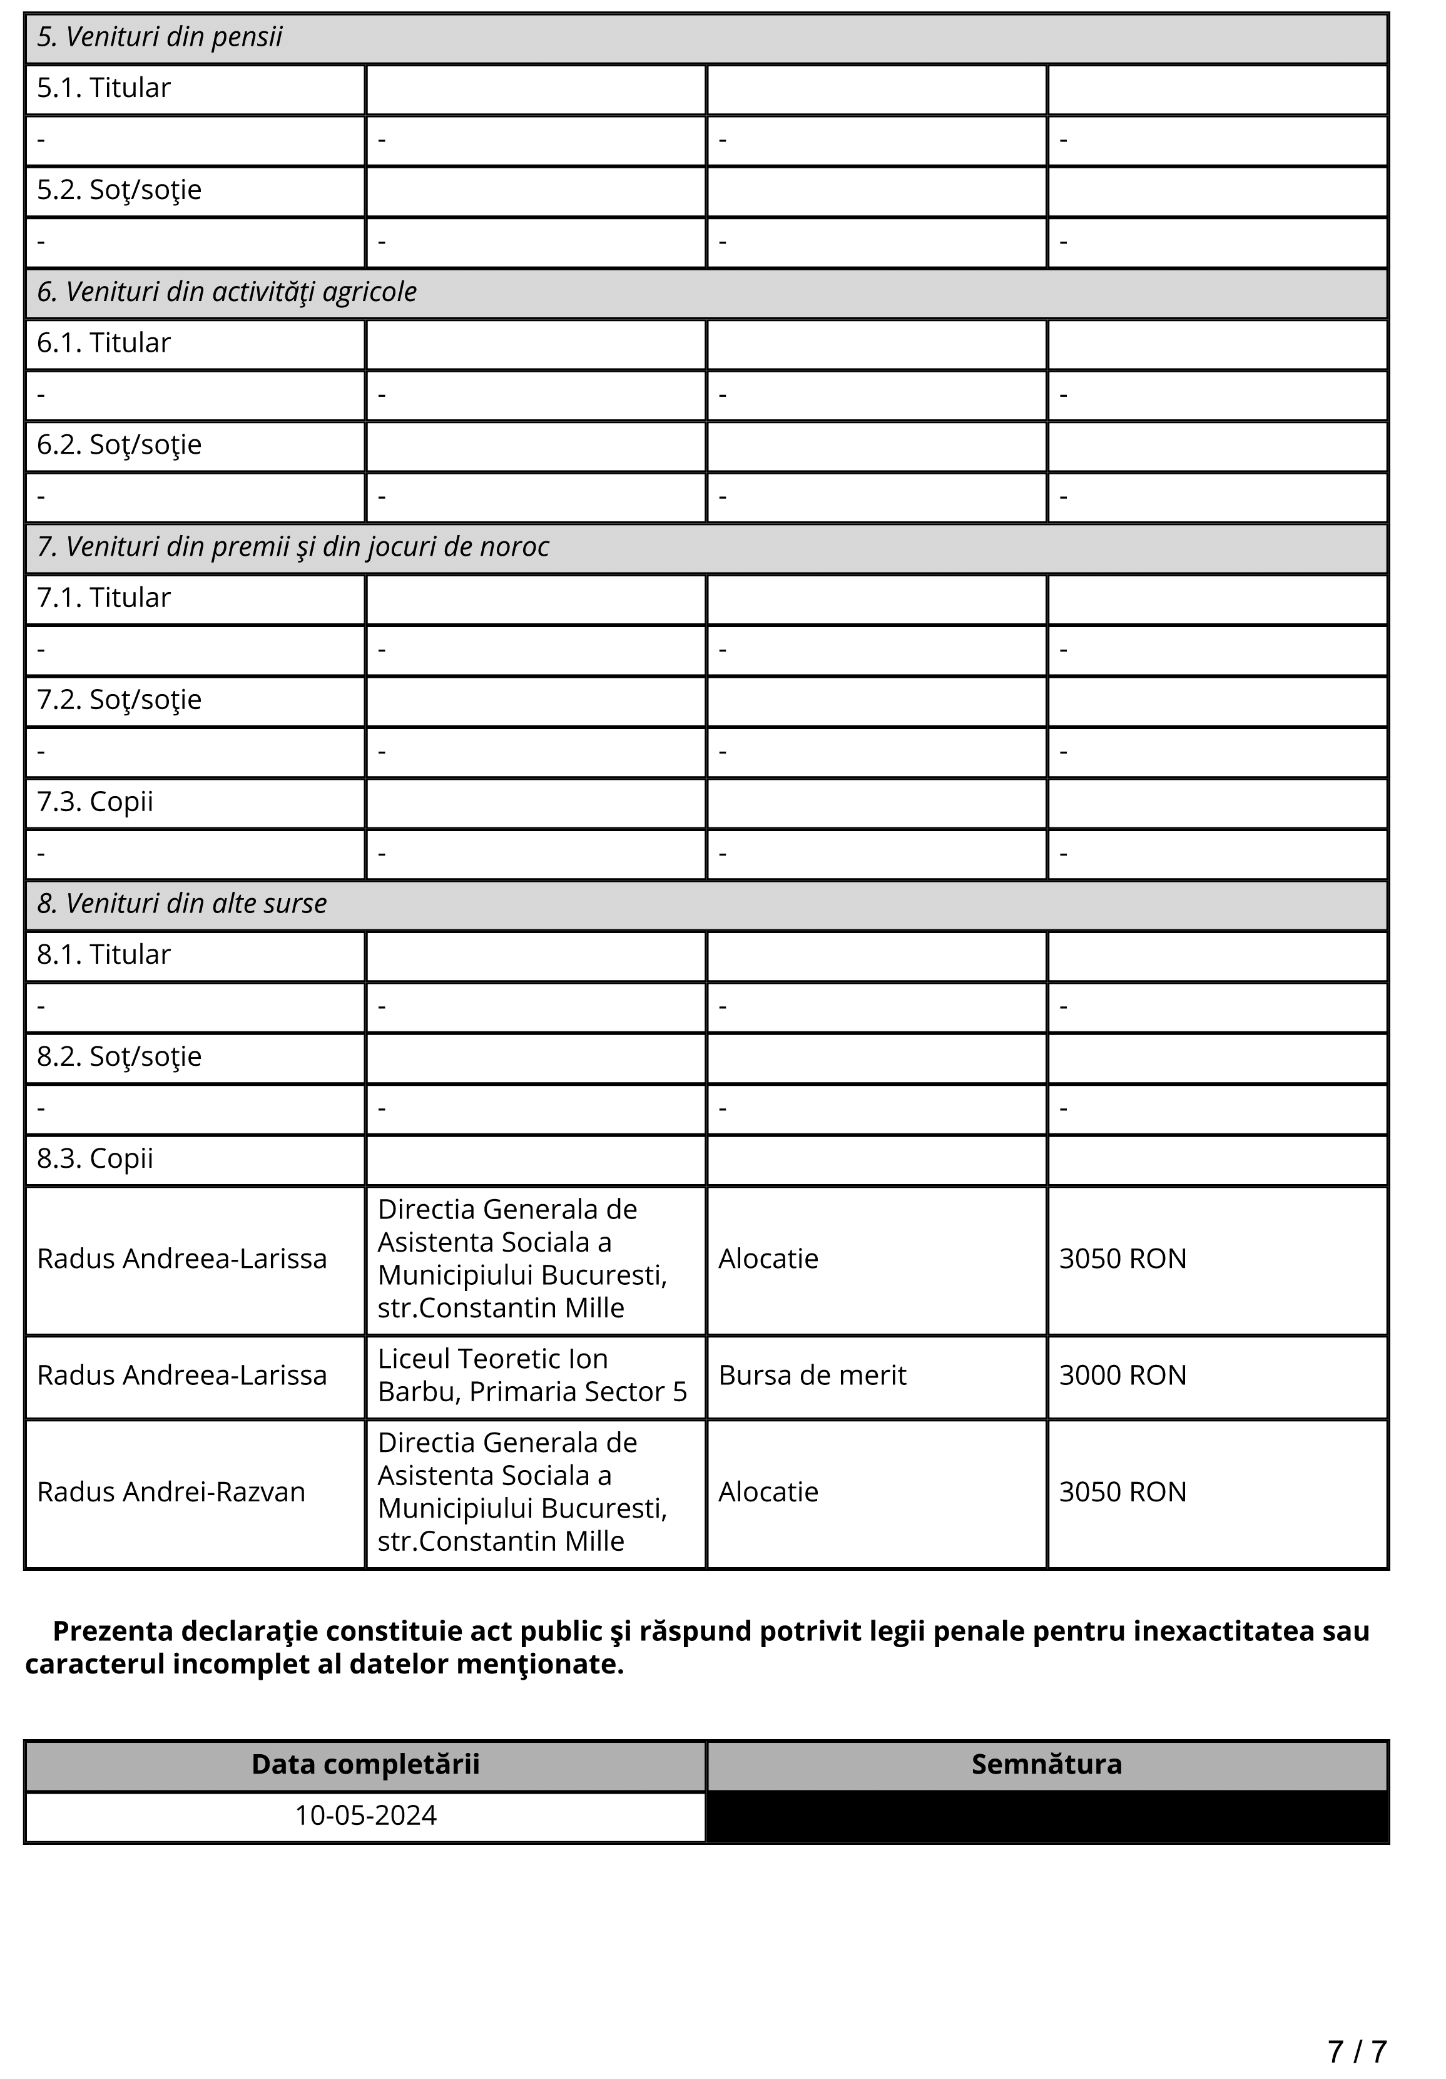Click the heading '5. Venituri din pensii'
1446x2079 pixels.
coord(160,37)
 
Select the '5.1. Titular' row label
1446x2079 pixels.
coord(103,88)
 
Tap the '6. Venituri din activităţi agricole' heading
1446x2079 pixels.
coord(227,292)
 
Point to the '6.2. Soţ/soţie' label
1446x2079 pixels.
coord(119,444)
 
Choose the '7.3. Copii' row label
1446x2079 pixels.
coord(95,801)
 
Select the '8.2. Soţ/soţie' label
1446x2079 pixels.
coord(119,1056)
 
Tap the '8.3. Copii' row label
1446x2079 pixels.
coord(95,1158)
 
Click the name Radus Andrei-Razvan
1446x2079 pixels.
coord(171,1491)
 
